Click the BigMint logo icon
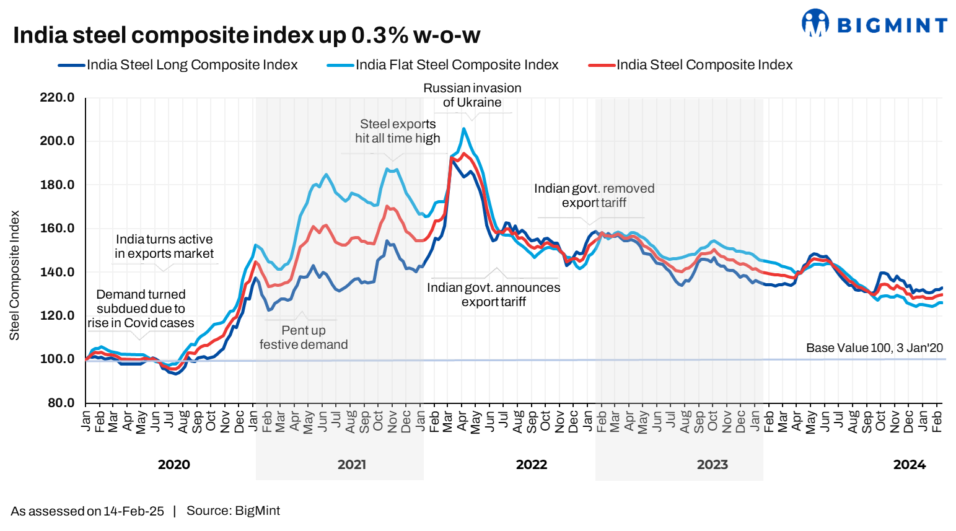(x=815, y=23)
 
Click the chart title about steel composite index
(x=247, y=35)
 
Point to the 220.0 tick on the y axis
(x=57, y=97)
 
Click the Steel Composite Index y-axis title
(x=15, y=275)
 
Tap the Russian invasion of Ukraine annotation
(x=472, y=95)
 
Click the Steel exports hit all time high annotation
(x=398, y=131)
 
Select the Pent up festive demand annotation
(x=304, y=338)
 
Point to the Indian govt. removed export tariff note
(x=594, y=196)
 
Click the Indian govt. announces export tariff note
(x=493, y=295)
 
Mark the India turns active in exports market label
(x=164, y=247)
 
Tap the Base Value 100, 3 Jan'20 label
(x=874, y=348)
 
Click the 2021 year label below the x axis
(x=351, y=465)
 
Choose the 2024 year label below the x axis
(x=909, y=465)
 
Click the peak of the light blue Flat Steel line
(x=463, y=129)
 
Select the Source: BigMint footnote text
(x=233, y=511)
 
